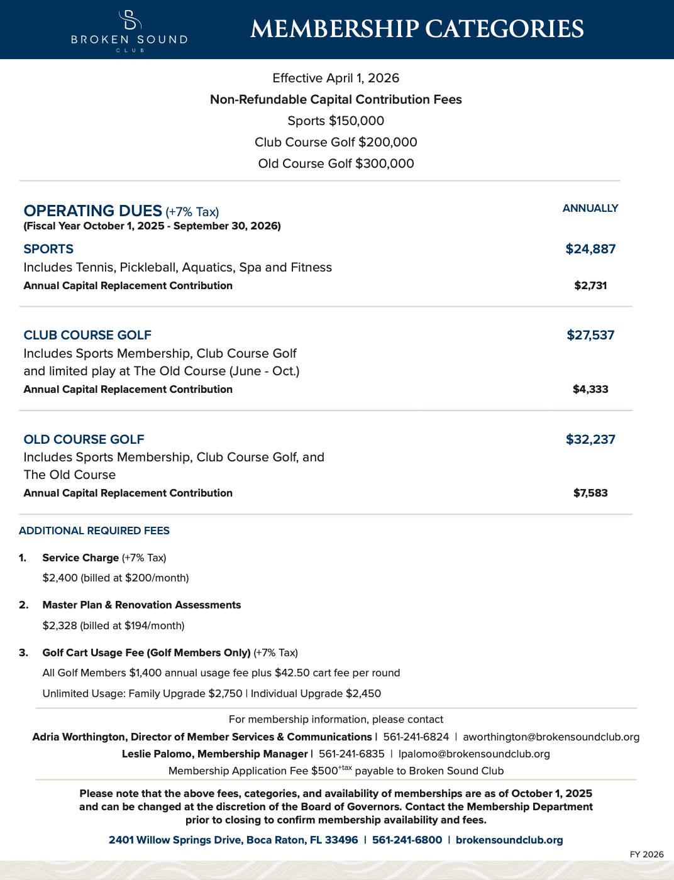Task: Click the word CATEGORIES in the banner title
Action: point(504,30)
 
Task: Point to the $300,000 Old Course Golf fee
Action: point(384,163)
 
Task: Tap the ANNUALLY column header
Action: point(590,208)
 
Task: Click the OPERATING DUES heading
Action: point(93,211)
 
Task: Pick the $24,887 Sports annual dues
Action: point(590,249)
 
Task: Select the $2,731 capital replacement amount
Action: point(590,285)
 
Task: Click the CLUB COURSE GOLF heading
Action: point(87,335)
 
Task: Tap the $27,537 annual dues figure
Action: point(590,335)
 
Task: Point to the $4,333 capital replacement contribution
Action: point(590,389)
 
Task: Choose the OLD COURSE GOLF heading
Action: point(84,439)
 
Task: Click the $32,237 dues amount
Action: point(590,439)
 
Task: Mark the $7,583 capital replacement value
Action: point(590,493)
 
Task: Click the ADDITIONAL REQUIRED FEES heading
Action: point(94,531)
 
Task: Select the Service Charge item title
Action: point(80,558)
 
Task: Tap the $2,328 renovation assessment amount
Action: point(60,625)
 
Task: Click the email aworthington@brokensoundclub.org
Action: point(551,737)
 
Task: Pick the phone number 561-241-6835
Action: point(351,754)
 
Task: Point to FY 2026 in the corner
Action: point(646,854)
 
